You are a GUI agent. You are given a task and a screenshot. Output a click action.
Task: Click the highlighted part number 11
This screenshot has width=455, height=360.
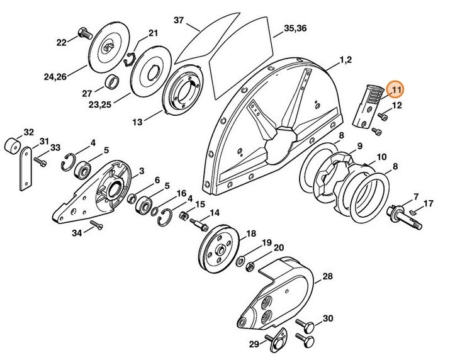(x=396, y=91)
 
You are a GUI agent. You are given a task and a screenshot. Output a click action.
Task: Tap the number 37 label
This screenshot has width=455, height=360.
(x=178, y=21)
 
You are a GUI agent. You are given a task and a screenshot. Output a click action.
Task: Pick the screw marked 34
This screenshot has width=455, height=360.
(x=96, y=225)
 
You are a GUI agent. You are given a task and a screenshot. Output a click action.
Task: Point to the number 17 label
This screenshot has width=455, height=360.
(x=428, y=203)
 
